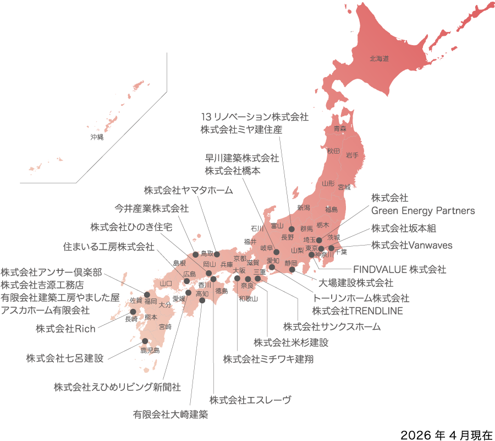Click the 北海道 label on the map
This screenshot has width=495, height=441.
(379, 58)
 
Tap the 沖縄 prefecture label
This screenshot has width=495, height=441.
(97, 137)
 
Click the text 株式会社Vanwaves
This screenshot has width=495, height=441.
(411, 245)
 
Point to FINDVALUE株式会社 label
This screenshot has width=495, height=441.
(399, 270)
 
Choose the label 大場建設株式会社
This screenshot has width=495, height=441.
(356, 283)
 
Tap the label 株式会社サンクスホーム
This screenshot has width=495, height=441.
(332, 326)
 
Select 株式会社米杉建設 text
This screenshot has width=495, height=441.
(290, 342)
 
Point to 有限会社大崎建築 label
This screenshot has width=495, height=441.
(170, 414)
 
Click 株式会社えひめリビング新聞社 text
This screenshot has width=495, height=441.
(117, 386)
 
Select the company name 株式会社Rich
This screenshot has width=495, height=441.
(65, 329)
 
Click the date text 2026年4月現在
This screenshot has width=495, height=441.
(447, 434)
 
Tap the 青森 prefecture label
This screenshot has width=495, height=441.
(340, 129)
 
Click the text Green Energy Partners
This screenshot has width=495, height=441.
(423, 210)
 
